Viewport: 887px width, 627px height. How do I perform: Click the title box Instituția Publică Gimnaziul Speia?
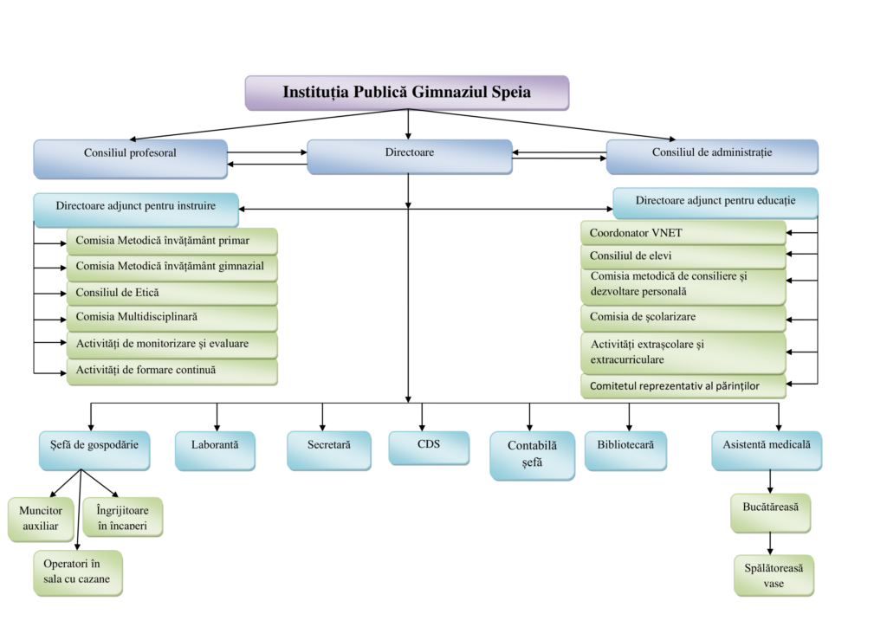pyautogui.click(x=406, y=93)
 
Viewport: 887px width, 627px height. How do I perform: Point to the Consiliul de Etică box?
pyautogui.click(x=172, y=294)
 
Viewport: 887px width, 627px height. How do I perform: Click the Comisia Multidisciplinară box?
pyautogui.click(x=172, y=318)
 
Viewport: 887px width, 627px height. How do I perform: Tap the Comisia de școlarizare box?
pyautogui.click(x=683, y=318)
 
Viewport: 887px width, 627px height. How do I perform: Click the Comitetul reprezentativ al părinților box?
pyautogui.click(x=683, y=386)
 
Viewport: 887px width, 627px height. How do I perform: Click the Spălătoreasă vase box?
pyautogui.click(x=774, y=575)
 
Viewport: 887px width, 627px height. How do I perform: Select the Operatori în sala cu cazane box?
pyautogui.click(x=78, y=572)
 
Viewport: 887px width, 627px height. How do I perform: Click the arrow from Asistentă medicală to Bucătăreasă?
pyautogui.click(x=770, y=482)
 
